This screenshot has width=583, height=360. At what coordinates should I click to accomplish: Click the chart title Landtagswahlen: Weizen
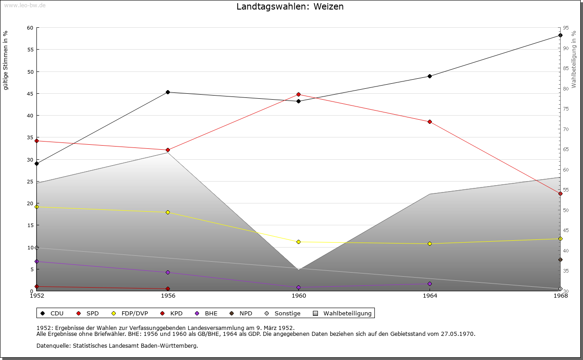[x=290, y=7]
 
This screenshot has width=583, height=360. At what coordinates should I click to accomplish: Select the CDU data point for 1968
[x=560, y=35]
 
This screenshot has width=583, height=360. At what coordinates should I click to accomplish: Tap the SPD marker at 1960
[x=299, y=94]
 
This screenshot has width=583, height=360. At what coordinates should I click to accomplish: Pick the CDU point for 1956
[x=168, y=92]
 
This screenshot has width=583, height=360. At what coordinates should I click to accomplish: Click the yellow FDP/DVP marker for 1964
[x=430, y=243]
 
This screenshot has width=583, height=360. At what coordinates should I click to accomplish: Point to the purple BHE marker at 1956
[x=168, y=272]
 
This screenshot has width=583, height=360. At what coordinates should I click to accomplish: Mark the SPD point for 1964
[x=430, y=122]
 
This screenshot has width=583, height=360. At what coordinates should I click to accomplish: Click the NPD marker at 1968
[x=560, y=260]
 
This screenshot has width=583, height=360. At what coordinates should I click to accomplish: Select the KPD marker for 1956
[x=168, y=289]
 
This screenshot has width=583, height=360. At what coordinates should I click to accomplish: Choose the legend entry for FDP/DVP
[x=130, y=313]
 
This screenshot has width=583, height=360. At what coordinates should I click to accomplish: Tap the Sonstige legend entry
[x=282, y=313]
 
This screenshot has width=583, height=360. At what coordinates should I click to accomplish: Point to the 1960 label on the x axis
[x=299, y=296]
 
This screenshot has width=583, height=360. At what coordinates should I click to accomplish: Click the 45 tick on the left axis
[x=30, y=94]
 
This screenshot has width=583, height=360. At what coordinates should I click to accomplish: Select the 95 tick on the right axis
[x=565, y=28]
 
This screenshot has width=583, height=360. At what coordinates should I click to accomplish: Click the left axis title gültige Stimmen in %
[x=6, y=60]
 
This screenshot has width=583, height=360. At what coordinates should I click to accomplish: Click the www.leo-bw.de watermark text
[x=24, y=5]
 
